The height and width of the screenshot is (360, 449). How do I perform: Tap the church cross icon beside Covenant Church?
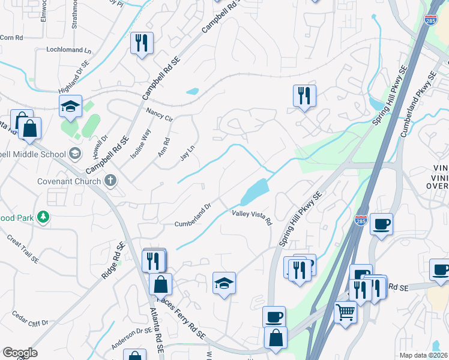tap(110, 180)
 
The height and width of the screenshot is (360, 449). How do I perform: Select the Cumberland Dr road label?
tap(193, 214)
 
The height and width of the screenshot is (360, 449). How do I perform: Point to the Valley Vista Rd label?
tap(252, 217)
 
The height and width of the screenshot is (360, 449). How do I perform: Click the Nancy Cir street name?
tap(159, 115)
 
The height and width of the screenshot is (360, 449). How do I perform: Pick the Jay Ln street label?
tap(188, 153)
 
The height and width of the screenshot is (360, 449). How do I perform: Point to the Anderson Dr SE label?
tap(131, 338)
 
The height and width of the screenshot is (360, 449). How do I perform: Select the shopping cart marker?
tap(346, 311)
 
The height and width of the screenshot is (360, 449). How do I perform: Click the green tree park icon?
tap(43, 217)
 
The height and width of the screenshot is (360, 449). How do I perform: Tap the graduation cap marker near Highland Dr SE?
tap(70, 107)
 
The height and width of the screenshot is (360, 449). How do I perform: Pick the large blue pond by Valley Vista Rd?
tap(255, 192)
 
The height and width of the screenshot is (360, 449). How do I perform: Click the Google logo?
tap(20, 353)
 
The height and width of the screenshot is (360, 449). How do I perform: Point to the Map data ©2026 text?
tap(423, 355)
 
